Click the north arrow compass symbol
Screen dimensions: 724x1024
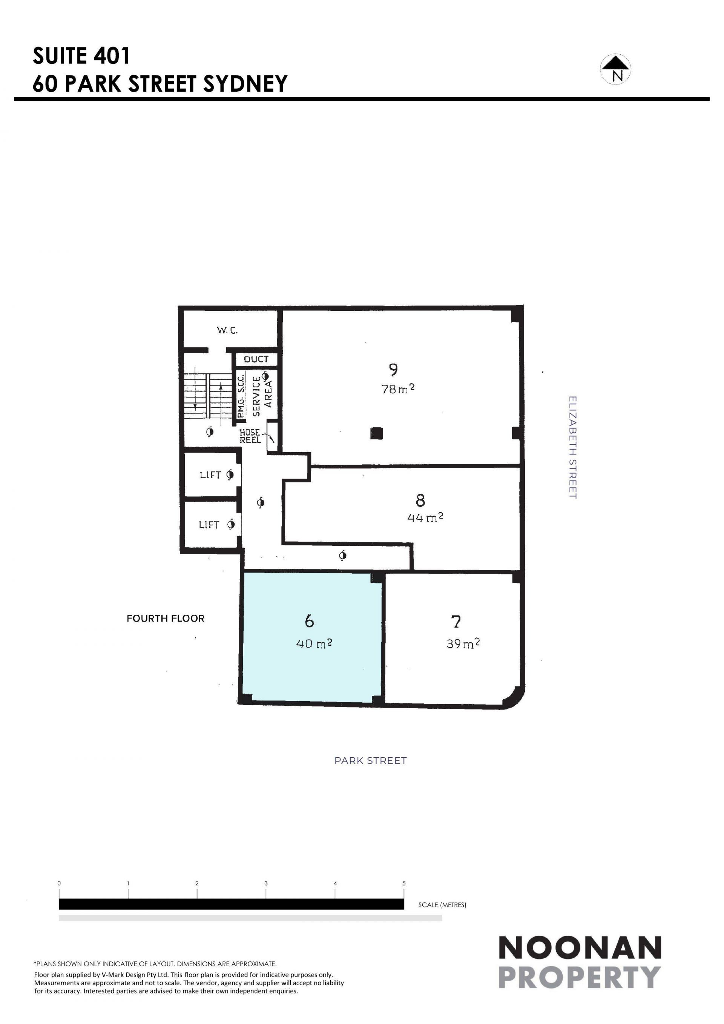click(615, 69)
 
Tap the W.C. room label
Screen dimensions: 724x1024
click(227, 330)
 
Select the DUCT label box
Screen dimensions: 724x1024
click(256, 359)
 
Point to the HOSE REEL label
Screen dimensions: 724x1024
click(250, 436)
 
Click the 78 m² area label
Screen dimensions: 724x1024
click(398, 389)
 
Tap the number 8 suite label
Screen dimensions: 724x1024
click(420, 500)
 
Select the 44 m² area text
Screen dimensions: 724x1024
click(425, 517)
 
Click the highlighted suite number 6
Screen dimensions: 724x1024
click(309, 621)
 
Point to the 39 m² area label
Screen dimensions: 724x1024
click(463, 643)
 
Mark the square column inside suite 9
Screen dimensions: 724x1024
click(376, 433)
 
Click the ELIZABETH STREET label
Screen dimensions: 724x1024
click(573, 447)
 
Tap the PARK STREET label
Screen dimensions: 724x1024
click(370, 760)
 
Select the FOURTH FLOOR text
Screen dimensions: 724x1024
click(166, 618)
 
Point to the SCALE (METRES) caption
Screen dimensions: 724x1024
click(442, 904)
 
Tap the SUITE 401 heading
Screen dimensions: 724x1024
click(81, 56)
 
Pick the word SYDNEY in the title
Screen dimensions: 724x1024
click(245, 83)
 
